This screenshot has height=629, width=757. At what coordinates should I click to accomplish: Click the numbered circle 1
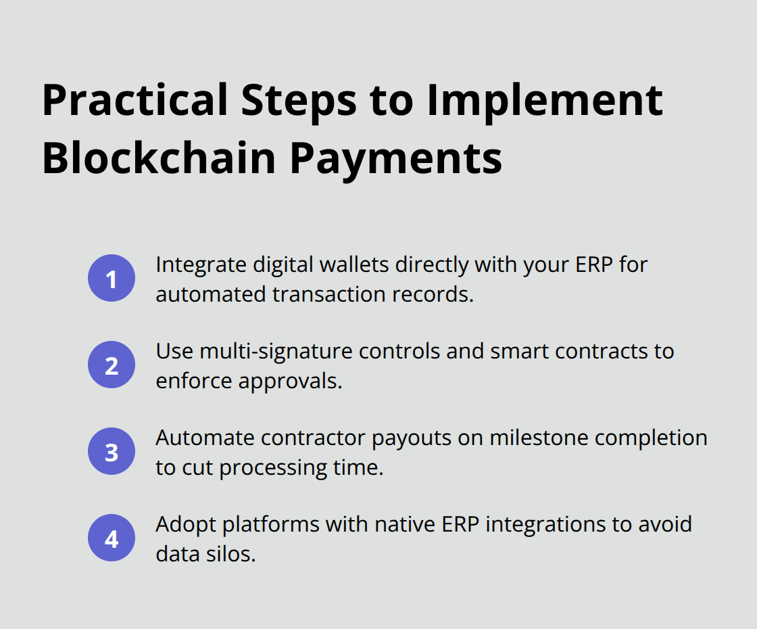point(112,279)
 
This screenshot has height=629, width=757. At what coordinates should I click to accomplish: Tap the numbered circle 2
point(112,365)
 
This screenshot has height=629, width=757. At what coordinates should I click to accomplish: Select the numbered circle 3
point(112,452)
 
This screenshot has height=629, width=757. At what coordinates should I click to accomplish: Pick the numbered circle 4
point(112,538)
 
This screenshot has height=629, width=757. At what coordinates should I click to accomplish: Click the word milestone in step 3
point(535,438)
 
